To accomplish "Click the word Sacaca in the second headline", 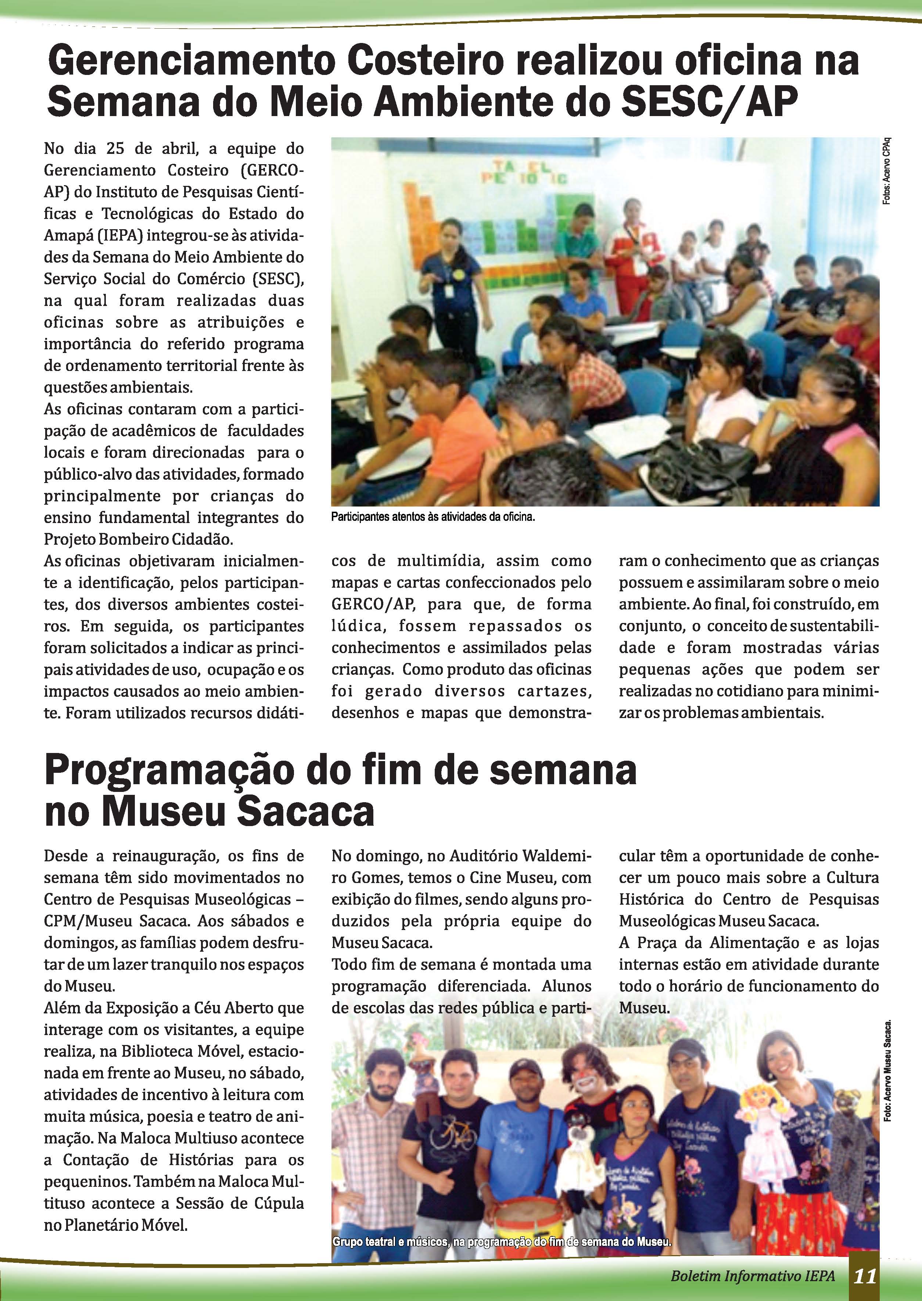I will click(306, 812).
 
